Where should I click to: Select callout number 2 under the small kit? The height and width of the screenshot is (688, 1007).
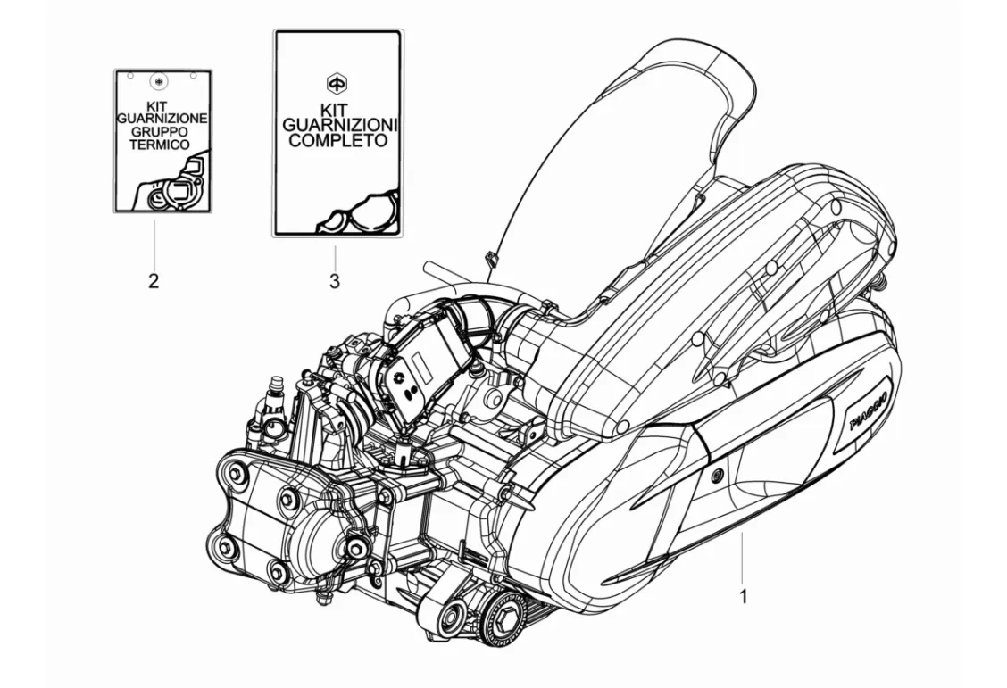point(154,282)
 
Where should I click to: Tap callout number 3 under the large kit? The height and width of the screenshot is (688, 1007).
point(334,282)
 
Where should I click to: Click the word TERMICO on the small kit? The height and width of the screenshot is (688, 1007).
point(161,144)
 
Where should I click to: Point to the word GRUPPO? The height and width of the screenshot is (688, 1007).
point(161,131)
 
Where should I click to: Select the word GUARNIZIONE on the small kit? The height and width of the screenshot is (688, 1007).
point(162,119)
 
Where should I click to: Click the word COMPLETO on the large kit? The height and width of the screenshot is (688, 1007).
point(338,141)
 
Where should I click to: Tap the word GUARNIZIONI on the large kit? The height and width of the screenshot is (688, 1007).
point(338,126)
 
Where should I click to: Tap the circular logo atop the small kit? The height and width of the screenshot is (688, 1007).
point(160,82)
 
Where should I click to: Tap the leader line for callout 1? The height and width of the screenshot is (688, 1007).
point(741,553)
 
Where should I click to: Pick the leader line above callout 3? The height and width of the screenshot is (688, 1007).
point(334,253)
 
